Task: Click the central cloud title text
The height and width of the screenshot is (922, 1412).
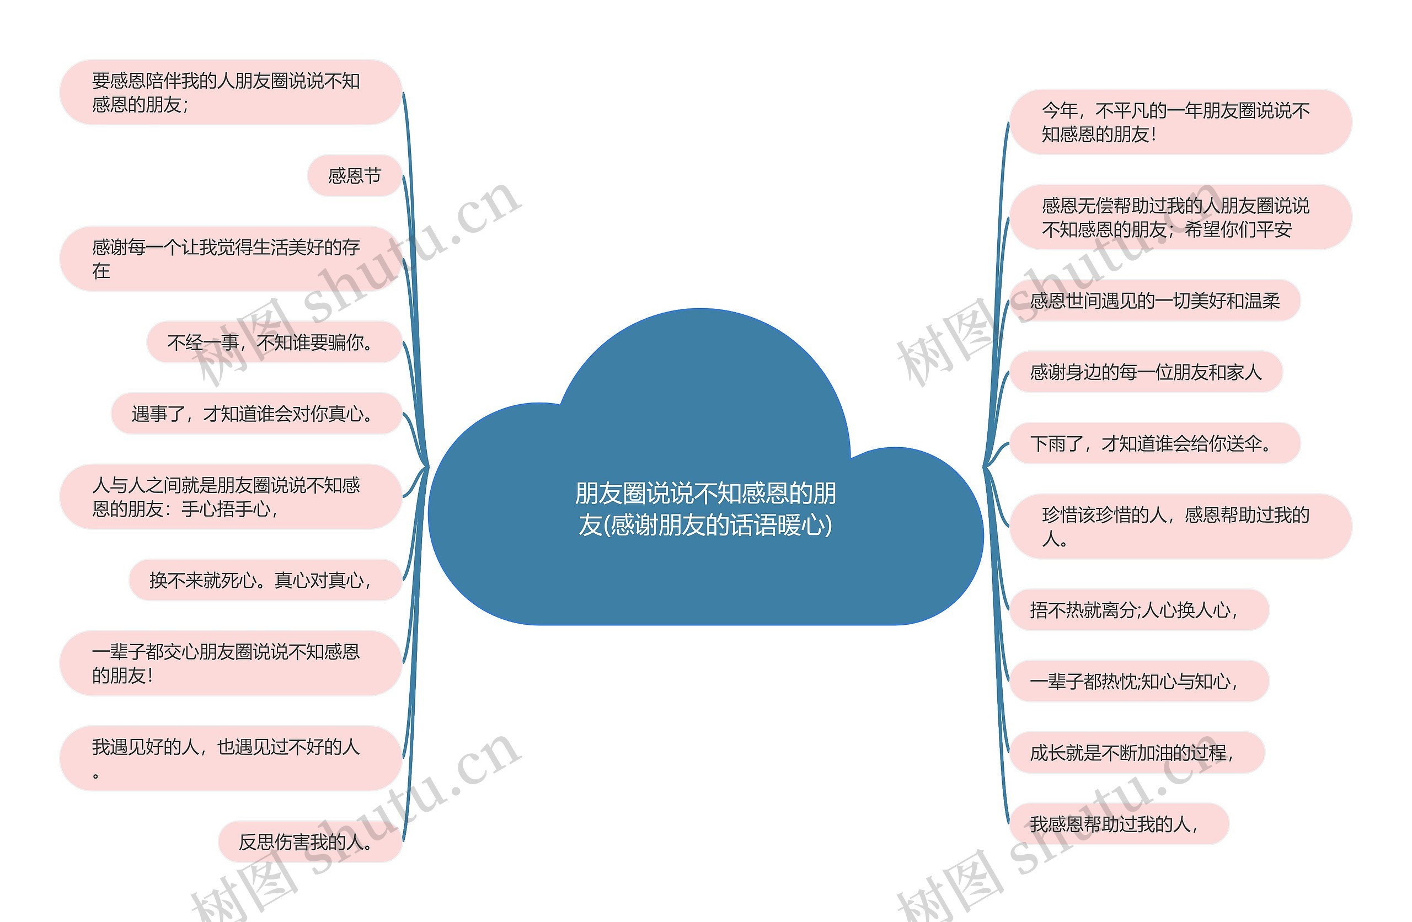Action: point(705,509)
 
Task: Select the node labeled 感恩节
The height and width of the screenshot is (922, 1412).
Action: point(354,175)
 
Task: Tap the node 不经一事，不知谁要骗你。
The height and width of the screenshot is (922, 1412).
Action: point(274,342)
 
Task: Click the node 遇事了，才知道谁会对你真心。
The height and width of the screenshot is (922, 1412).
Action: point(256,414)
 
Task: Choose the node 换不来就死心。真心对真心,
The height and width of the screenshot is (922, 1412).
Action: point(265,580)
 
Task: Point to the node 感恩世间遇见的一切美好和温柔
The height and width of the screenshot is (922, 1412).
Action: point(1154,301)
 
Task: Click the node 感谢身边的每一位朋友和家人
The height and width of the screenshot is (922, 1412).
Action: point(1146,372)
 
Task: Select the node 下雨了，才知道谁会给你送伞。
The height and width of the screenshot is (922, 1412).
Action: point(1154,443)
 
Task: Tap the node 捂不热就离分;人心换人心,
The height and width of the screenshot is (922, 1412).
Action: point(1138,609)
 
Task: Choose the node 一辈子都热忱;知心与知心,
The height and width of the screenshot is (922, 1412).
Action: point(1138,681)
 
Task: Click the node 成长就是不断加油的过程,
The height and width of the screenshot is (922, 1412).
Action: point(1136,752)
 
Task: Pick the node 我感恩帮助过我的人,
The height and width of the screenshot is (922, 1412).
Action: point(1119,823)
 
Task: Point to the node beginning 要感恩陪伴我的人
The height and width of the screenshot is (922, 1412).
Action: point(230,93)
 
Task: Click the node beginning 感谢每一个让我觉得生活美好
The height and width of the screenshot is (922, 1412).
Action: point(230,259)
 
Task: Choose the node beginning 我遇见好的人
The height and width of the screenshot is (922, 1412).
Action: point(230,758)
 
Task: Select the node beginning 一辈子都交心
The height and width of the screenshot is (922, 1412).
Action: point(230,663)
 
